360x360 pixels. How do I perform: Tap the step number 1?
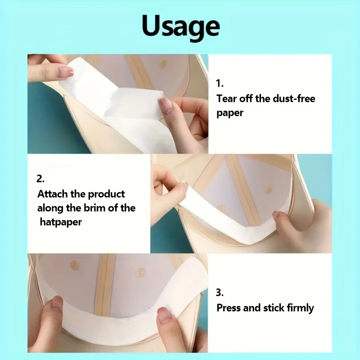pos(220,83)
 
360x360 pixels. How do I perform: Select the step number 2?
pos(40,179)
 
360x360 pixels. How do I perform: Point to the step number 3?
pos(220,292)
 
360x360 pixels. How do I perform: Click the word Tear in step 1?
pos(227,99)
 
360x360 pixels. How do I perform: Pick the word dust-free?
pos(294,99)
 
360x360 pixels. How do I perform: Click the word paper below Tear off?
pos(230,113)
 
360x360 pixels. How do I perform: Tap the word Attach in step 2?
pos(52,194)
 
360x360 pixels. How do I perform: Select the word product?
pos(107,194)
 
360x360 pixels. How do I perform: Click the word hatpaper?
pos(61,222)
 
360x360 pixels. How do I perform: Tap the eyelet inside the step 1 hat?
pos(163,63)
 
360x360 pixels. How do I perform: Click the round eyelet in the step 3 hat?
pos(75,265)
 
